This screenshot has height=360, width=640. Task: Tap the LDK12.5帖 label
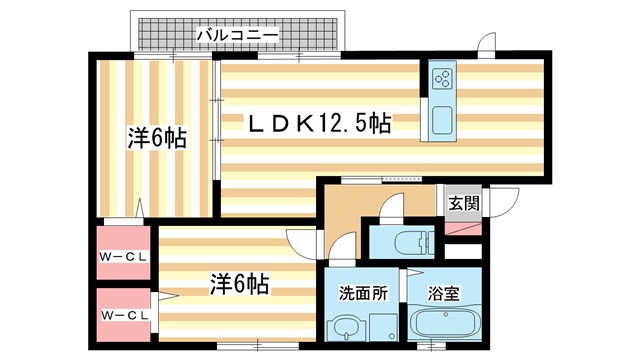319,124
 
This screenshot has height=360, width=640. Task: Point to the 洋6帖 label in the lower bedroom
238,284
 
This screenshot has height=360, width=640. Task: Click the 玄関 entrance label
463,204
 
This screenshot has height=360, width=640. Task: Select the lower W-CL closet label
124,316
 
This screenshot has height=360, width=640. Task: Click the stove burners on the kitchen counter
442,78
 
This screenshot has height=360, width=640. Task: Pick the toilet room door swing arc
391,210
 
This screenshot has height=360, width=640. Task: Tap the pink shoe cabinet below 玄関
462,225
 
